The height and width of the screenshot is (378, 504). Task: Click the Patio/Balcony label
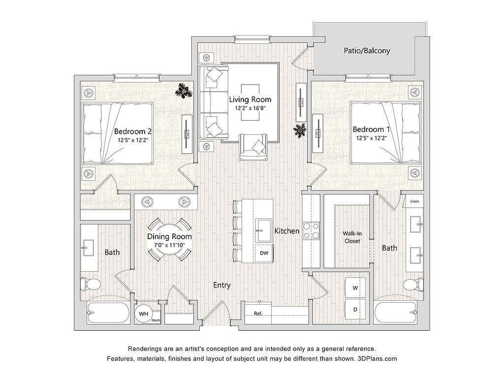point(367,51)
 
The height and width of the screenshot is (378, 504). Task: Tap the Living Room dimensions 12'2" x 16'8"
point(250,108)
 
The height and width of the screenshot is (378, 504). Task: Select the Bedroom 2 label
point(133,131)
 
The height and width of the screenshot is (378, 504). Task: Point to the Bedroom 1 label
point(371,129)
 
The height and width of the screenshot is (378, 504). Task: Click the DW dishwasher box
point(264,253)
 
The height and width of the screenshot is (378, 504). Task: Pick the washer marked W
point(355,287)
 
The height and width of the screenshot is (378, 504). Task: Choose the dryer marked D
point(355,309)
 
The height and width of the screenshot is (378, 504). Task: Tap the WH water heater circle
point(144,314)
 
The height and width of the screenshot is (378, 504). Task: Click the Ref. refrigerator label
point(258,314)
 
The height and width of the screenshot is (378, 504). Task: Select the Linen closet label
point(414,201)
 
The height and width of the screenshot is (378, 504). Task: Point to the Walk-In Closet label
point(352,237)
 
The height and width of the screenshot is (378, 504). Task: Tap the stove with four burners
point(311,231)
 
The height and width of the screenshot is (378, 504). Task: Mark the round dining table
point(169,240)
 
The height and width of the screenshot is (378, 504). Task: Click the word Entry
point(222,285)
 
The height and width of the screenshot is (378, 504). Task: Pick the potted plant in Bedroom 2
point(184,90)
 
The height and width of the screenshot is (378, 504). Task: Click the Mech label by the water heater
point(156,320)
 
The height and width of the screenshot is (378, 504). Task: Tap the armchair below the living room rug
point(253,147)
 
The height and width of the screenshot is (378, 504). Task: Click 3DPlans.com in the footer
point(378,358)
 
